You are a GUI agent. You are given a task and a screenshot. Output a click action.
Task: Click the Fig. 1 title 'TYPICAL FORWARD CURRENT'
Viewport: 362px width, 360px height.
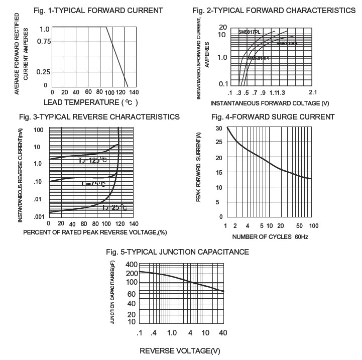[98, 10]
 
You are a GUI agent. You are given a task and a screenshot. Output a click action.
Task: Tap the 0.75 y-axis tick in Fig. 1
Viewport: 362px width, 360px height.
[44, 41]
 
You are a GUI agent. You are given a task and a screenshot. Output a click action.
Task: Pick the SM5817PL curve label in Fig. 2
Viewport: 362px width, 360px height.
[249, 32]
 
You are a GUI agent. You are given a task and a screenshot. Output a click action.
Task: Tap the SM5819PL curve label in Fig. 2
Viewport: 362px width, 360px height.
[287, 44]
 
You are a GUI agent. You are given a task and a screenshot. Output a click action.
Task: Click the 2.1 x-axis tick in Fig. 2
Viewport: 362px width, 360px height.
[313, 93]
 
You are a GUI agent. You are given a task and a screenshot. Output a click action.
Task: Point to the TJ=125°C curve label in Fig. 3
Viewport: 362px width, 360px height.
[93, 160]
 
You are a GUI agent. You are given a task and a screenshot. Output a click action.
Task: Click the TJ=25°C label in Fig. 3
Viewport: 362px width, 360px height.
[115, 207]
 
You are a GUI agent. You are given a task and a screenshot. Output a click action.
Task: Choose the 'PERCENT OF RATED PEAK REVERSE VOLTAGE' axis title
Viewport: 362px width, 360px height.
[95, 233]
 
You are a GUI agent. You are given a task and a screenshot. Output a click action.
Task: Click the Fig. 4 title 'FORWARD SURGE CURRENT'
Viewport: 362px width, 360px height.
[273, 117]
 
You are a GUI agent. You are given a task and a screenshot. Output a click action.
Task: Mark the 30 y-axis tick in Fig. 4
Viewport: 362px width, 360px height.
[219, 128]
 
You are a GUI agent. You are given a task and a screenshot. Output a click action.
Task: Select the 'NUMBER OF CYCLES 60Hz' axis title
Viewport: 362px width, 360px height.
[270, 236]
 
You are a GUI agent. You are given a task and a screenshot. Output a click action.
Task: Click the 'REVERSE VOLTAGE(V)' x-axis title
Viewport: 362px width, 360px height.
[180, 350]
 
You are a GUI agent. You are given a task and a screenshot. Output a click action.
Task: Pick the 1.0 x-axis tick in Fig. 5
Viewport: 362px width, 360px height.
[171, 333]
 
